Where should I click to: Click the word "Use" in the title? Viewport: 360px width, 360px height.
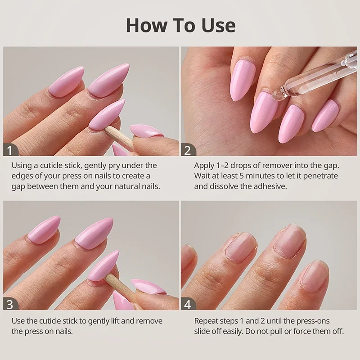(x=219, y=25)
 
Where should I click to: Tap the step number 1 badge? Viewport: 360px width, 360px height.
(x=10, y=150)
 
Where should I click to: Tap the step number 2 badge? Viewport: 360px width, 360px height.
(x=188, y=150)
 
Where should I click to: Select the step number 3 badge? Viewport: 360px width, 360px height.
(x=10, y=304)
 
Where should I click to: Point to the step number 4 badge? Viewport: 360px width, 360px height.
(x=188, y=304)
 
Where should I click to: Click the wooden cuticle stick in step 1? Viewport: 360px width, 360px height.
(x=119, y=139)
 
